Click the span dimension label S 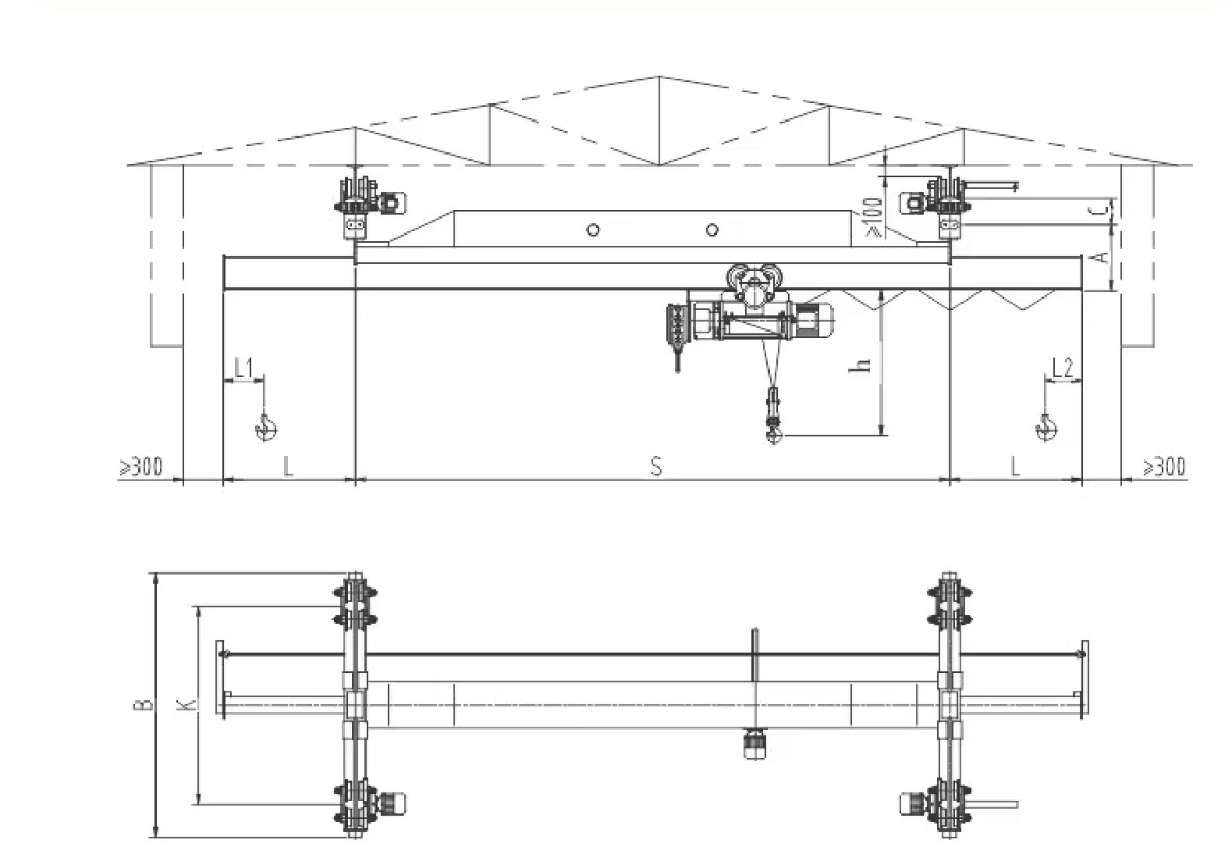tap(655, 466)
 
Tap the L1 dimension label tap(243, 368)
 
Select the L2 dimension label tap(1062, 368)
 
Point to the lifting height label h tap(863, 365)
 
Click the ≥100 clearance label tap(874, 217)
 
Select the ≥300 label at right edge tap(1164, 467)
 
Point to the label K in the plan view tap(187, 704)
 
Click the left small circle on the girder tap(592, 230)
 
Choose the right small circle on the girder tap(712, 230)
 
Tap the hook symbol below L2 tap(1046, 428)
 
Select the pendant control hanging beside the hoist tap(676, 336)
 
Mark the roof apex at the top tap(659, 76)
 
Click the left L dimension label tap(288, 467)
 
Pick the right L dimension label tap(1015, 467)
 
